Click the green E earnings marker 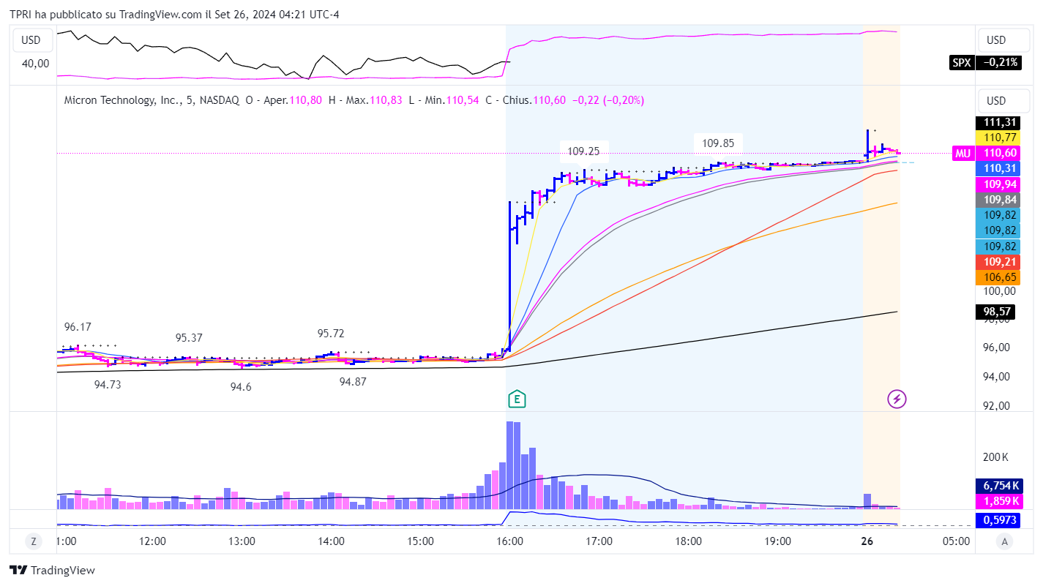(x=517, y=399)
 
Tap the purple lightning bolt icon (x=897, y=399)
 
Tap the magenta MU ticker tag (x=962, y=153)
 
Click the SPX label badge (x=961, y=63)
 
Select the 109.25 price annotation (x=583, y=151)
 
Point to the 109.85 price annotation (x=718, y=143)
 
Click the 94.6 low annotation (x=240, y=387)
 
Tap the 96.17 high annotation (x=78, y=327)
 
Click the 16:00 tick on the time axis (x=509, y=542)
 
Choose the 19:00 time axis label (x=777, y=542)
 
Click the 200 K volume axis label (x=995, y=458)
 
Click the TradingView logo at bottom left (x=52, y=571)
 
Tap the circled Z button (x=33, y=542)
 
